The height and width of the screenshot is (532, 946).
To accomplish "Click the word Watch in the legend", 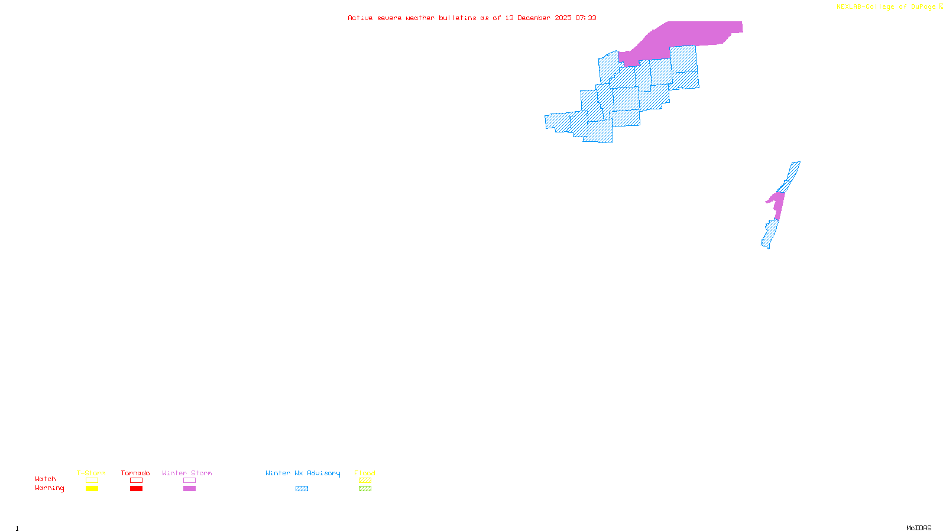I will [46, 479].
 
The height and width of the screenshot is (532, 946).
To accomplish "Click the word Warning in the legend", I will [50, 488].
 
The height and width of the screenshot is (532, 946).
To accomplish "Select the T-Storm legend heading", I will [91, 473].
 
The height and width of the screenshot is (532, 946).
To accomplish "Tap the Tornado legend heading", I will [135, 473].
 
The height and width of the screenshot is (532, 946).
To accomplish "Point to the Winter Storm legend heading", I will [187, 473].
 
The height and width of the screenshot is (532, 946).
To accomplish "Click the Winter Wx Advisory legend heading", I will [303, 473].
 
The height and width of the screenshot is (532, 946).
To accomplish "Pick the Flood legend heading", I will [365, 473].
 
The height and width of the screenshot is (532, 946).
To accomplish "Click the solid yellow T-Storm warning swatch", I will [92, 489].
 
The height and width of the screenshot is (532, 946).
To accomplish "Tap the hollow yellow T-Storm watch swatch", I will [92, 481].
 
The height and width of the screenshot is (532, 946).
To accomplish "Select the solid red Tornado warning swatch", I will [137, 489].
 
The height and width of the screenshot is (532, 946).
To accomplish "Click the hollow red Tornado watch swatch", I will [137, 481].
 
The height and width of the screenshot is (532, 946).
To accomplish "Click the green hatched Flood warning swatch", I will [365, 489].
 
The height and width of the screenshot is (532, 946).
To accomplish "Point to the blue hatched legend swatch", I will [302, 489].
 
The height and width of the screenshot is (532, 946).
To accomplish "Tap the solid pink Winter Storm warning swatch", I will [189, 489].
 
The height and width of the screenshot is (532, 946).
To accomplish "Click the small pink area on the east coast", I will [778, 204].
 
